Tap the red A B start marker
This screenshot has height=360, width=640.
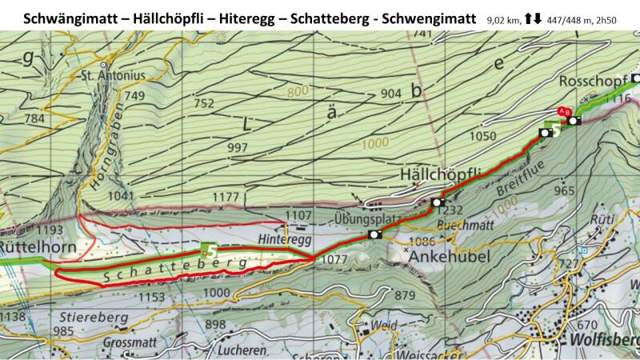pyautogui.click(x=564, y=111)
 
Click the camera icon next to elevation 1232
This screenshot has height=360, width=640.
pyautogui.click(x=437, y=202)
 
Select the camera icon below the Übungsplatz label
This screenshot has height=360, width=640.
pyautogui.click(x=374, y=234)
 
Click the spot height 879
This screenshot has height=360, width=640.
pyautogui.click(x=406, y=296)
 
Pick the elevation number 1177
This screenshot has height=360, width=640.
pyautogui.click(x=227, y=197)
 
